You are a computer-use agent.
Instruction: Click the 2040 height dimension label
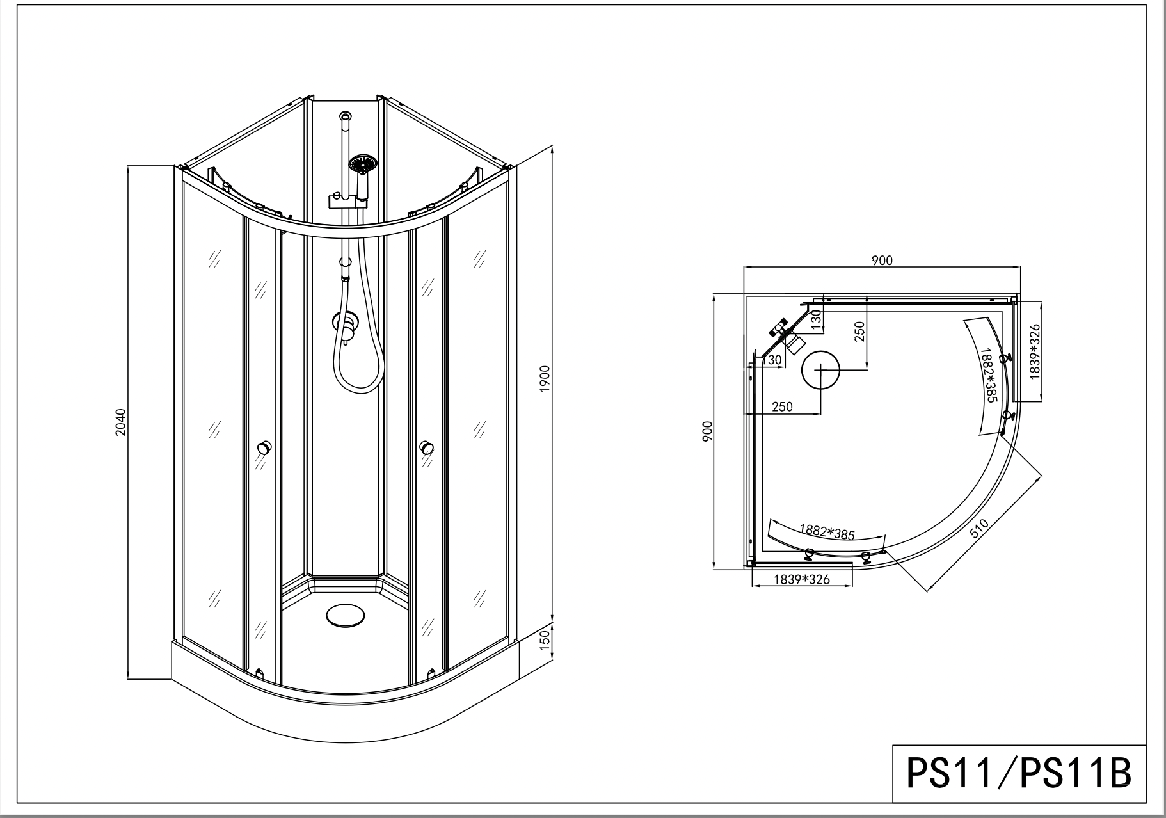point(121,422)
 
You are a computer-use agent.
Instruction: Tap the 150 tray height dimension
point(545,640)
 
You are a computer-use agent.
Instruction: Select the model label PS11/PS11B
point(1019,773)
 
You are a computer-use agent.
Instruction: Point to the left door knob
point(264,448)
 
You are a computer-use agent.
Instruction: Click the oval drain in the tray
point(346,616)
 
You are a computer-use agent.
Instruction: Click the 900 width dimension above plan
point(882,261)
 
